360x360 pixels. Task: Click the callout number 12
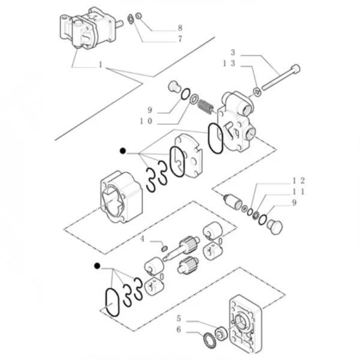(299, 180)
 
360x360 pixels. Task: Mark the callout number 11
(299, 191)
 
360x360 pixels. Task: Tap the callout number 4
(142, 239)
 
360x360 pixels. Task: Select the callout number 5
(179, 318)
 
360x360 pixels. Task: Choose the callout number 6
(179, 329)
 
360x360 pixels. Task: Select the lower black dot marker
(96, 265)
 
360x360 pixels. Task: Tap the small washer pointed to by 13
(256, 92)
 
